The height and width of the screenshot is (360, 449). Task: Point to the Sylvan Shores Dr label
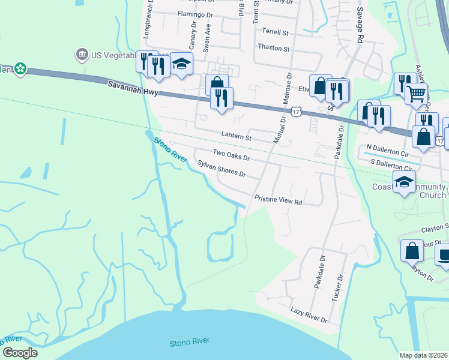(221, 169)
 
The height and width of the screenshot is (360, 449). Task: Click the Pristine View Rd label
(278, 200)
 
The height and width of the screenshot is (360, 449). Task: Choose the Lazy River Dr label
(309, 315)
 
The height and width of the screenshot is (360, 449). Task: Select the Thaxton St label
(273, 47)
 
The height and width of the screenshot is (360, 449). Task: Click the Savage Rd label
(360, 24)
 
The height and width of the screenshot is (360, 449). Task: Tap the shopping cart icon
(415, 93)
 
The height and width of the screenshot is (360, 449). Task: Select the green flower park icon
(20, 68)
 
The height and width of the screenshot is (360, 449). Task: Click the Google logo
(19, 353)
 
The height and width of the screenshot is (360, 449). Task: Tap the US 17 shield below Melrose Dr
(296, 111)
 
